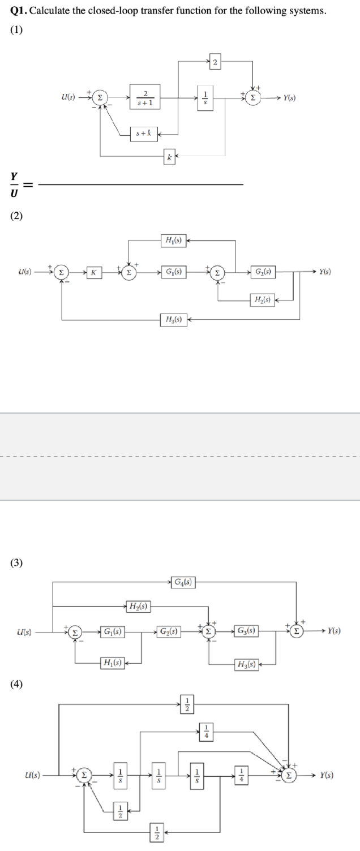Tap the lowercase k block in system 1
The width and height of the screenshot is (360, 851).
click(x=169, y=156)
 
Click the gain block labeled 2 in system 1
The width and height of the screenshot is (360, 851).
click(x=215, y=62)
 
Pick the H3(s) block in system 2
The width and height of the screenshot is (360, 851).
click(x=174, y=320)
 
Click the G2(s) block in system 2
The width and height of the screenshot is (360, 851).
click(x=263, y=272)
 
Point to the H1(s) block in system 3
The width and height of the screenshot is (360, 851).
click(x=111, y=661)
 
